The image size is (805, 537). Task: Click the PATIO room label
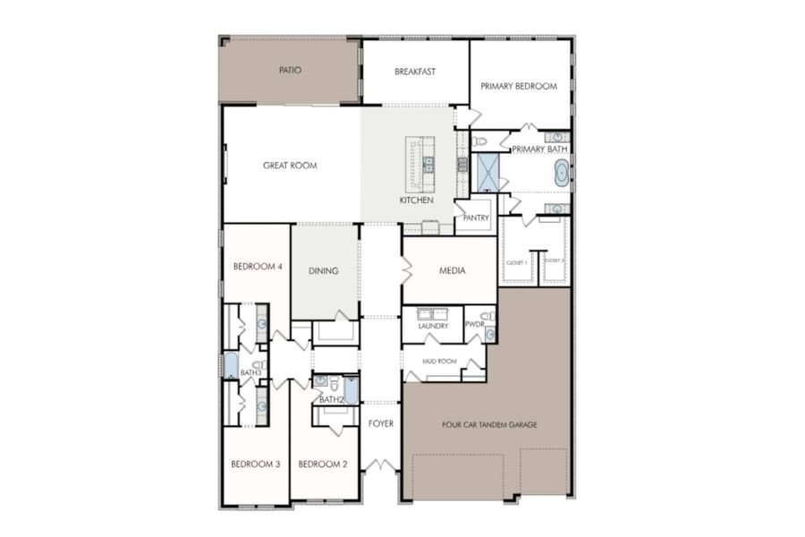tap(289, 70)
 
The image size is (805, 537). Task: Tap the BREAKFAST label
tap(415, 71)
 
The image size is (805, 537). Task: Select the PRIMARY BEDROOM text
tap(519, 87)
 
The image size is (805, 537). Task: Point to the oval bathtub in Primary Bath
tap(561, 174)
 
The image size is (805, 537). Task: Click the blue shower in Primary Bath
tap(487, 173)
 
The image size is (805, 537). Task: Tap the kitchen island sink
tap(428, 164)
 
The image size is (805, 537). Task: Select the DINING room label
tap(323, 270)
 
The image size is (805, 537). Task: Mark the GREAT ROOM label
tap(290, 166)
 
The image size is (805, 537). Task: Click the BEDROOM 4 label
tap(258, 267)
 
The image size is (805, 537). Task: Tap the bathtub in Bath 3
tap(230, 364)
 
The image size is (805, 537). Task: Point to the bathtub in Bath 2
tap(351, 390)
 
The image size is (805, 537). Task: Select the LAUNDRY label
tap(432, 327)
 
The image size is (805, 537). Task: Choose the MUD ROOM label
tap(440, 362)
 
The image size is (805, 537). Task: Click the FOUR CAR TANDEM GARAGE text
tap(489, 424)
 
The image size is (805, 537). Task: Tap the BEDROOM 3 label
tap(256, 464)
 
